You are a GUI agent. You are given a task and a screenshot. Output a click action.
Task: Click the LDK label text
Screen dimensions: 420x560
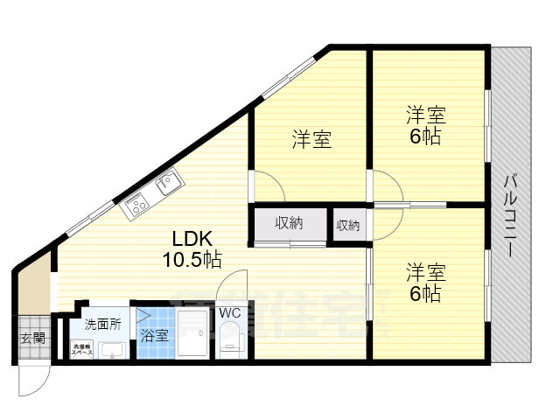190,239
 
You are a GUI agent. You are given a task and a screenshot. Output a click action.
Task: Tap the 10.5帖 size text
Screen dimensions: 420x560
191,259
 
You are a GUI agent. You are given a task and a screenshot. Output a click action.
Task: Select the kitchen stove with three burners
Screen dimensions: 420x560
138,206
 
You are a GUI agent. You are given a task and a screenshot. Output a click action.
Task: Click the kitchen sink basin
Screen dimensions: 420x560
167,184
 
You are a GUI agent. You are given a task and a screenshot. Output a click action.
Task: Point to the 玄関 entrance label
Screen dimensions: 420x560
33,339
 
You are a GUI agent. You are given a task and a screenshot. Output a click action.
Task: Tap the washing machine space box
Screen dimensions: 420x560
82,350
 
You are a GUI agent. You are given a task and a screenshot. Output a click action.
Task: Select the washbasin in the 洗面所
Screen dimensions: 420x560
112,351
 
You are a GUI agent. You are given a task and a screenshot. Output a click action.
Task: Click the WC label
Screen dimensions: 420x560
230,312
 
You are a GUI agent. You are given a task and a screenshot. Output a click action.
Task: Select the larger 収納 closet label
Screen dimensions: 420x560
289,223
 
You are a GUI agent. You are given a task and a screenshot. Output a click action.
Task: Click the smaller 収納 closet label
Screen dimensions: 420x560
347,225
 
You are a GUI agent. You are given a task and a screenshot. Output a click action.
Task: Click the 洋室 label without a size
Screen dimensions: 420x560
311,139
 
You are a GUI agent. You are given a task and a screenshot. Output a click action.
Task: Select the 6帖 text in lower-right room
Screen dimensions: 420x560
425,293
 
